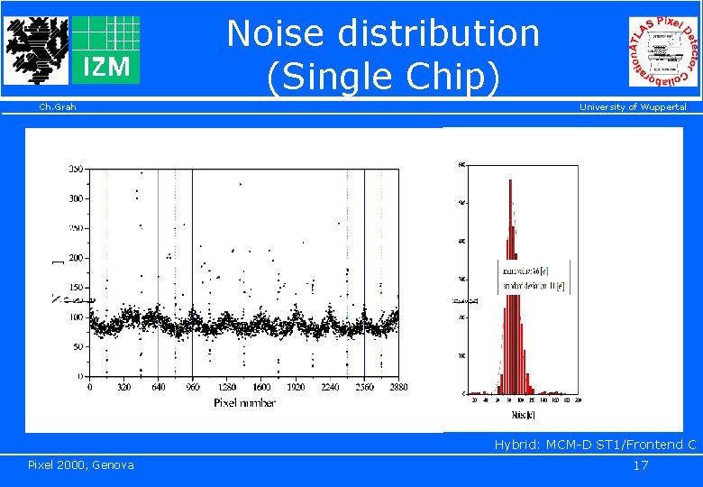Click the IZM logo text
click(105, 66)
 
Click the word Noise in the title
click(278, 34)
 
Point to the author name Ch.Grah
click(58, 107)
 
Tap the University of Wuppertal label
click(633, 107)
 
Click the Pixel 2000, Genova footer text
click(81, 464)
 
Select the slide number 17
click(641, 465)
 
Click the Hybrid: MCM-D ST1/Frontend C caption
click(595, 445)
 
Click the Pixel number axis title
click(245, 402)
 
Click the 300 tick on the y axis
click(77, 198)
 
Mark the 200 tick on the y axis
click(77, 258)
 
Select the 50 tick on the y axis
click(79, 346)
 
